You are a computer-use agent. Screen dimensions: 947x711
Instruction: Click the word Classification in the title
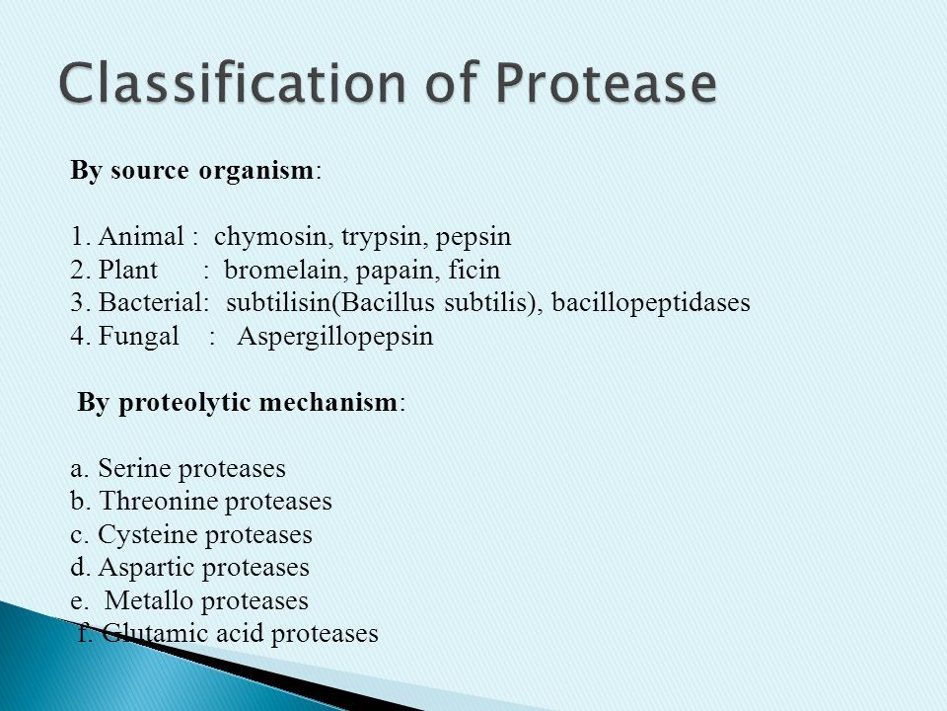point(232,82)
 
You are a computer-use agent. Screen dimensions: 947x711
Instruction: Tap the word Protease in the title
point(606,82)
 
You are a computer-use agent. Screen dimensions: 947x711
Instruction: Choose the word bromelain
point(286,270)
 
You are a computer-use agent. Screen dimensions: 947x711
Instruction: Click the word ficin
point(474,269)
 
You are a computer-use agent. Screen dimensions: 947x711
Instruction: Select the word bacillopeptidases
point(651,303)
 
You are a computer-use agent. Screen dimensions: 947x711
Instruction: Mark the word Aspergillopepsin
point(335,337)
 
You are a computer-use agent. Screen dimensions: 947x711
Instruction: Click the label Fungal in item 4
point(138,336)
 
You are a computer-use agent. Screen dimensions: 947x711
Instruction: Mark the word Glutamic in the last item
point(155,633)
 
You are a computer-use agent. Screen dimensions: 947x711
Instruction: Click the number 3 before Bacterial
point(77,302)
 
